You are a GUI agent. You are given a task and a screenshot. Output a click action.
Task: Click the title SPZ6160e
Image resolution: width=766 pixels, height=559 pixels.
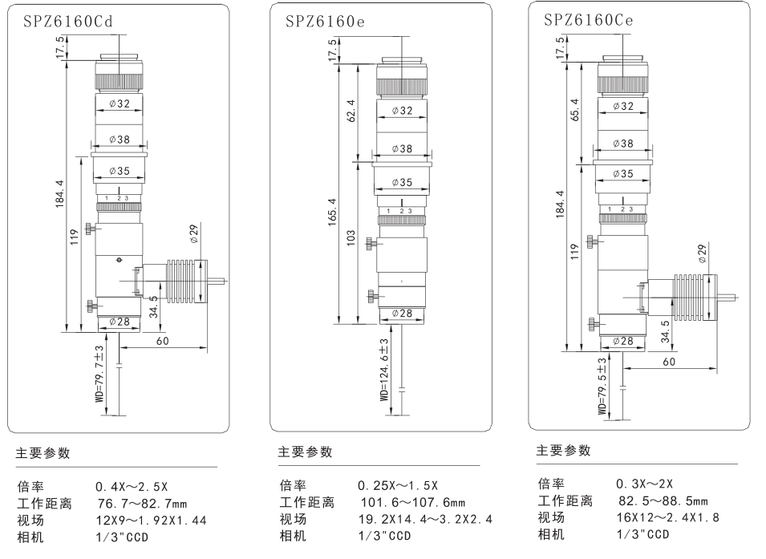click(x=326, y=22)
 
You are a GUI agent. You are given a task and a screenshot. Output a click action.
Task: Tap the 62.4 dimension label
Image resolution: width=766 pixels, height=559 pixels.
click(x=351, y=111)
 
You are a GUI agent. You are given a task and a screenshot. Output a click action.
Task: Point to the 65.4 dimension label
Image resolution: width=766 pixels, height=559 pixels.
click(x=573, y=111)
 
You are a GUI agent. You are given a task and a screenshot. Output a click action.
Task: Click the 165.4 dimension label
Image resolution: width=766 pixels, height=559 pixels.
click(x=331, y=211)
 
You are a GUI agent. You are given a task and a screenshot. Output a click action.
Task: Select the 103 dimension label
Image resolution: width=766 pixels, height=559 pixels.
click(x=351, y=238)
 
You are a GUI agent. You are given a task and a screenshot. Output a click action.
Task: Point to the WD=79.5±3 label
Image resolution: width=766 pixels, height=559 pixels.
click(x=602, y=385)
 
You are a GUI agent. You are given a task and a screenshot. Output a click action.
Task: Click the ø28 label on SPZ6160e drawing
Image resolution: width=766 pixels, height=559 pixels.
click(x=402, y=314)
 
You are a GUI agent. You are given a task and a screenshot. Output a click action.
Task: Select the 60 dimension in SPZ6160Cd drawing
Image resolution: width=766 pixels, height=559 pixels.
click(x=163, y=341)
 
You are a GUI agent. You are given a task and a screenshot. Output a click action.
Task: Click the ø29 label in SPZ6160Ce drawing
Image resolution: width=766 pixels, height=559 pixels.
click(x=703, y=254)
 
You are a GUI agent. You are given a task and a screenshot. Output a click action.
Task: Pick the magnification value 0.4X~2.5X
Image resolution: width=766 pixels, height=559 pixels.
click(x=132, y=487)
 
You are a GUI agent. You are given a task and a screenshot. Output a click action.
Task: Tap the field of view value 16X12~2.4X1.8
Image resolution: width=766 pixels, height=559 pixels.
click(x=667, y=517)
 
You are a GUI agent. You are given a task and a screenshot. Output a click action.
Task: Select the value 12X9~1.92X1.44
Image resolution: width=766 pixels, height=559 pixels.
click(x=151, y=521)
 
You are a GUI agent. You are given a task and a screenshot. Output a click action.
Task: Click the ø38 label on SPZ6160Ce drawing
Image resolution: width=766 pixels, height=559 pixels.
click(x=622, y=144)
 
